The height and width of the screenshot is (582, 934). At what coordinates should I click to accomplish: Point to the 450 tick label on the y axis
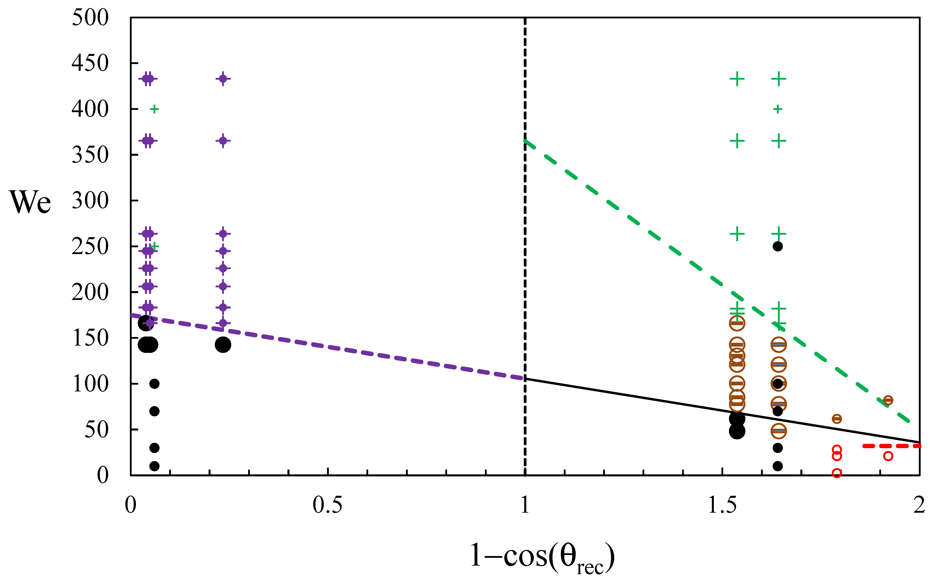(90, 63)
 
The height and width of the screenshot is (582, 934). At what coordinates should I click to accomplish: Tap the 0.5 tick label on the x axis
(327, 505)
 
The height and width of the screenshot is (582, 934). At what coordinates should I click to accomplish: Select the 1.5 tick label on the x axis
(722, 505)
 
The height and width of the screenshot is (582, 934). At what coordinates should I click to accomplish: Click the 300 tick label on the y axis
(90, 201)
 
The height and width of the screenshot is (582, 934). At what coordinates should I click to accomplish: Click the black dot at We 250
(778, 246)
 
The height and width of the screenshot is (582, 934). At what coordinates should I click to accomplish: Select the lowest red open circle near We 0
(837, 473)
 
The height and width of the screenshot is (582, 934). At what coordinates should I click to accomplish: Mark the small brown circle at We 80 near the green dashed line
(888, 400)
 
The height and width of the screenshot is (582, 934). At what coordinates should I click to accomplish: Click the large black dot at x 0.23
(223, 345)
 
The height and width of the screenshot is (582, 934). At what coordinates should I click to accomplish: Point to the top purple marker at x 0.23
(223, 79)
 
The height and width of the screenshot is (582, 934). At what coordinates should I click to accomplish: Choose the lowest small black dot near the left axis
(154, 466)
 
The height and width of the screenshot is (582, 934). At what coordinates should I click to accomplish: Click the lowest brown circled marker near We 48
(778, 431)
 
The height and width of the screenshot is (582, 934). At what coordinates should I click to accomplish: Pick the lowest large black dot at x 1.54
(737, 431)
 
